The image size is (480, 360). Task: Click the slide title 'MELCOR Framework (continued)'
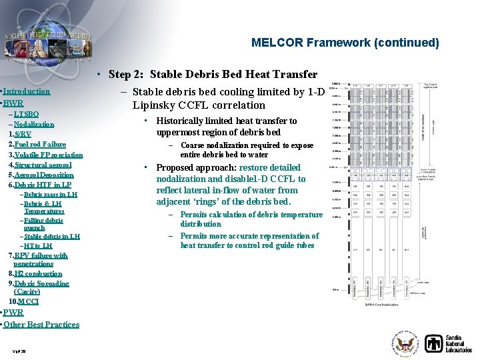tap(345, 43)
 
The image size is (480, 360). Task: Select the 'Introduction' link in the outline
tap(27, 91)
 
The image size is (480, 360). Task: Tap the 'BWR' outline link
tap(13, 103)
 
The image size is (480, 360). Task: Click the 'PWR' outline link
tap(13, 313)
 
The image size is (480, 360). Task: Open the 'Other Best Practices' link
tap(41, 325)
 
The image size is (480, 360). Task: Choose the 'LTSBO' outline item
tap(26, 115)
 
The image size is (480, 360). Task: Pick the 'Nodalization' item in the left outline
tap(33, 125)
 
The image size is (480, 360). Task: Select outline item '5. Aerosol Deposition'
tap(41, 175)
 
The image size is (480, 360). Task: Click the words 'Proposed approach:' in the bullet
tap(186, 168)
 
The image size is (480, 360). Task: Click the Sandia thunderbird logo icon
tap(435, 343)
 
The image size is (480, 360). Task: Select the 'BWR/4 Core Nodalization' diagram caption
tap(381, 305)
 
